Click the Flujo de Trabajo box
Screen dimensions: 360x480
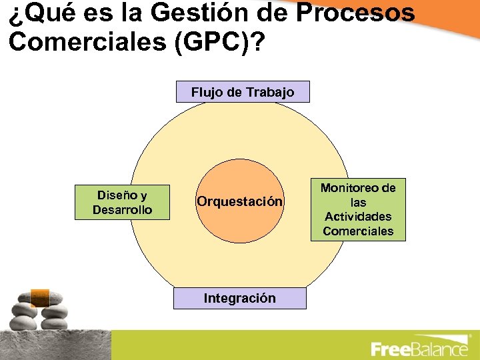pyautogui.click(x=243, y=92)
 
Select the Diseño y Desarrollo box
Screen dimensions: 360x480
pyautogui.click(x=123, y=202)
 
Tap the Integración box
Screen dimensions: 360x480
pyautogui.click(x=239, y=298)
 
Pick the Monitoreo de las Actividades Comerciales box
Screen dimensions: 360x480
pyautogui.click(x=358, y=210)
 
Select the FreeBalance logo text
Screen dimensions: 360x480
pyautogui.click(x=419, y=349)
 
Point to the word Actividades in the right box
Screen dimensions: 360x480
pyautogui.click(x=358, y=217)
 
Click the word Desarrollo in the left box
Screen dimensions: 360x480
pyautogui.click(x=123, y=209)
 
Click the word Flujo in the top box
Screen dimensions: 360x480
pyautogui.click(x=207, y=92)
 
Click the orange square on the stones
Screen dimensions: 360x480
pyautogui.click(x=41, y=297)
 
